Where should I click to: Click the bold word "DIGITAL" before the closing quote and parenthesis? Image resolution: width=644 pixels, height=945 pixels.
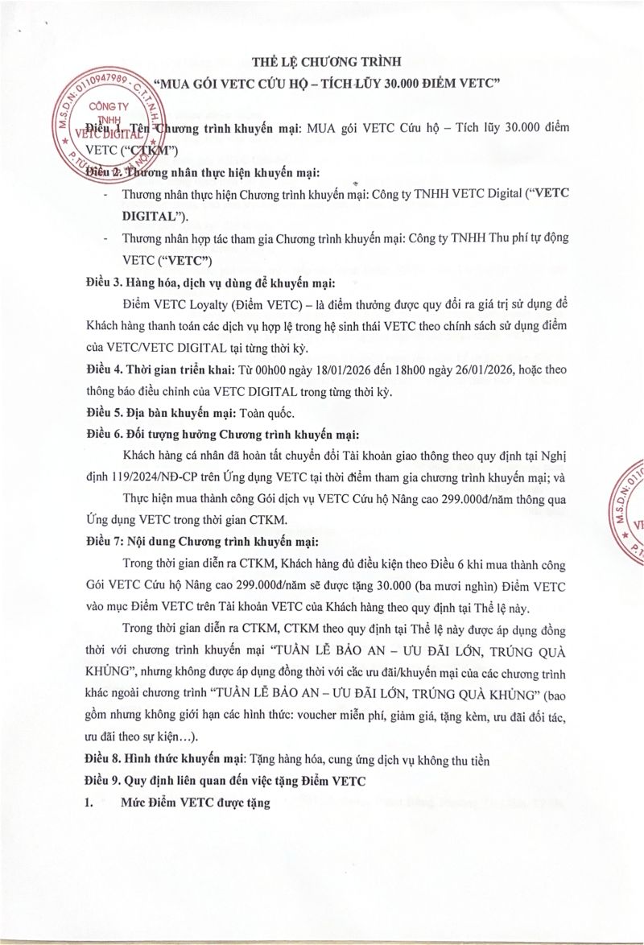click(148, 217)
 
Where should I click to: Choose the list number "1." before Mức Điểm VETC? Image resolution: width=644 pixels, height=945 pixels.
click(91, 802)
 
